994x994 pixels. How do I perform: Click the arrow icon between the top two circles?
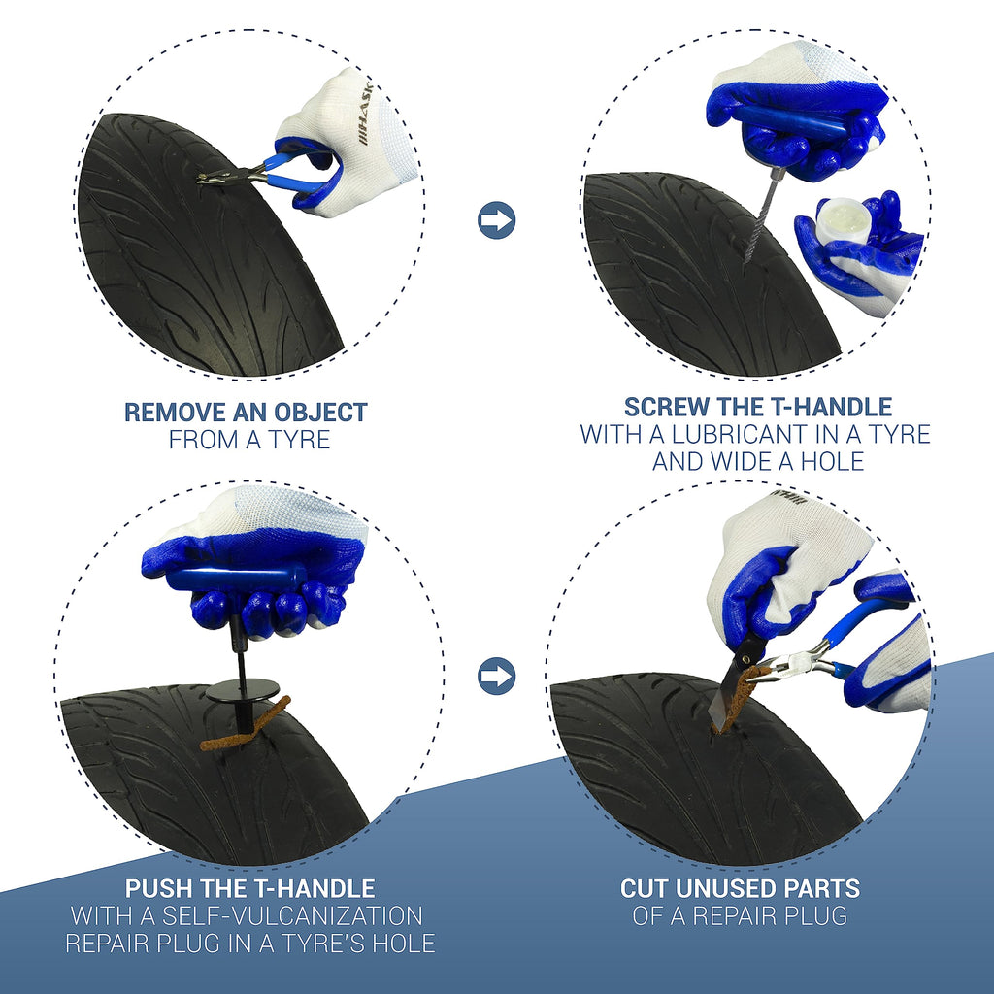point(496,220)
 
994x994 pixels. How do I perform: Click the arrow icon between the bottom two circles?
point(496,676)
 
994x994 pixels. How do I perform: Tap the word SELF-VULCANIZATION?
point(292,916)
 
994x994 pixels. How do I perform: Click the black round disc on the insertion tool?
point(243,689)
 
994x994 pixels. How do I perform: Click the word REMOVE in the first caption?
point(175,413)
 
